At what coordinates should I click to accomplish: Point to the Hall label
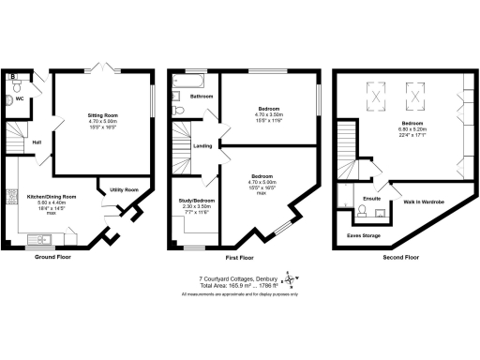click(37, 142)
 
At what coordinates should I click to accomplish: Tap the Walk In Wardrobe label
click(423, 201)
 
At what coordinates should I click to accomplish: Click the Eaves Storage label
click(365, 236)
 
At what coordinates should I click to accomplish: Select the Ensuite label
click(371, 199)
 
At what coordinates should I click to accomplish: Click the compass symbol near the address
click(290, 279)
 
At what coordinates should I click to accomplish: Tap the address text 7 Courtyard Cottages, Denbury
click(236, 277)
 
